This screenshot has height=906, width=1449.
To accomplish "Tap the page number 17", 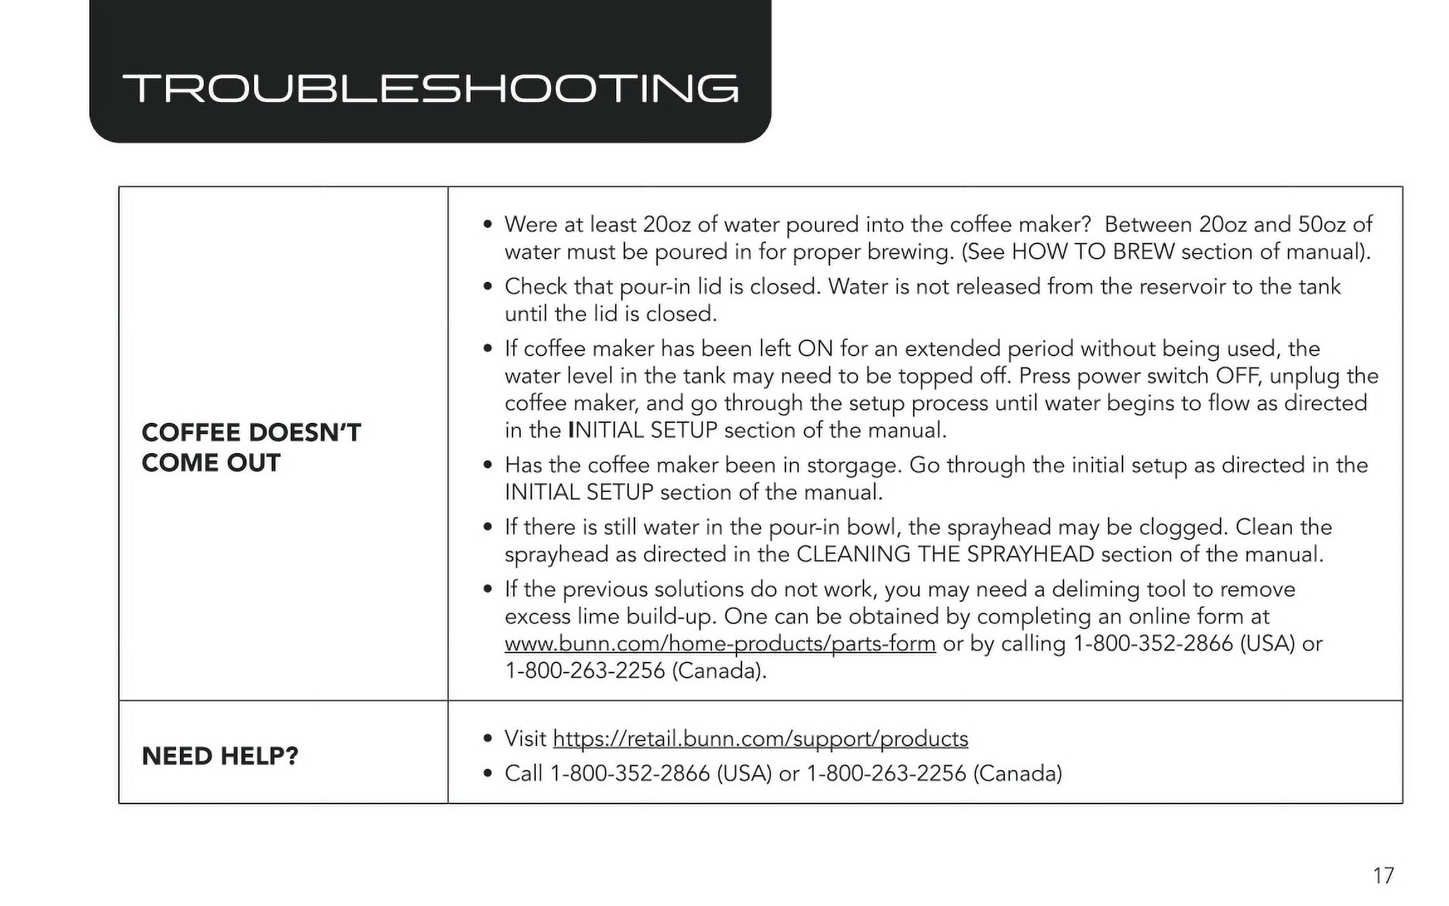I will [x=1383, y=875].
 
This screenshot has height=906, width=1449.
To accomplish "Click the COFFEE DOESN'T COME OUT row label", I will [x=251, y=447].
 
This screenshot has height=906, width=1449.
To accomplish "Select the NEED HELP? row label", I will [x=219, y=756].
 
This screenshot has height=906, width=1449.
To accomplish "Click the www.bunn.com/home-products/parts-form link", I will [x=719, y=644].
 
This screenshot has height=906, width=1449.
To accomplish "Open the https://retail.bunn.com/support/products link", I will [x=760, y=739].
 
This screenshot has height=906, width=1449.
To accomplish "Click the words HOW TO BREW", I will [x=1092, y=252].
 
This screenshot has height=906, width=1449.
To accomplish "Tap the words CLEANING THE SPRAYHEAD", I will [x=945, y=554].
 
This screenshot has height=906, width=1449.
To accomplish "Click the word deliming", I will [x=1096, y=590].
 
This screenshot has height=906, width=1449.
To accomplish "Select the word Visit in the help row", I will [x=525, y=739].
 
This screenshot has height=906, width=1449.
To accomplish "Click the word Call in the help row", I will [x=523, y=773].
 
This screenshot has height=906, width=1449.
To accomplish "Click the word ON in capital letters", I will [x=815, y=349].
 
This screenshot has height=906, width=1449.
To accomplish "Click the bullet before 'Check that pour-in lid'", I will [x=487, y=287].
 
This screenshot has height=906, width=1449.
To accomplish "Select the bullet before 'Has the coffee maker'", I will [x=487, y=466].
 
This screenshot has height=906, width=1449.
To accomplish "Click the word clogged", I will [x=1183, y=527].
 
